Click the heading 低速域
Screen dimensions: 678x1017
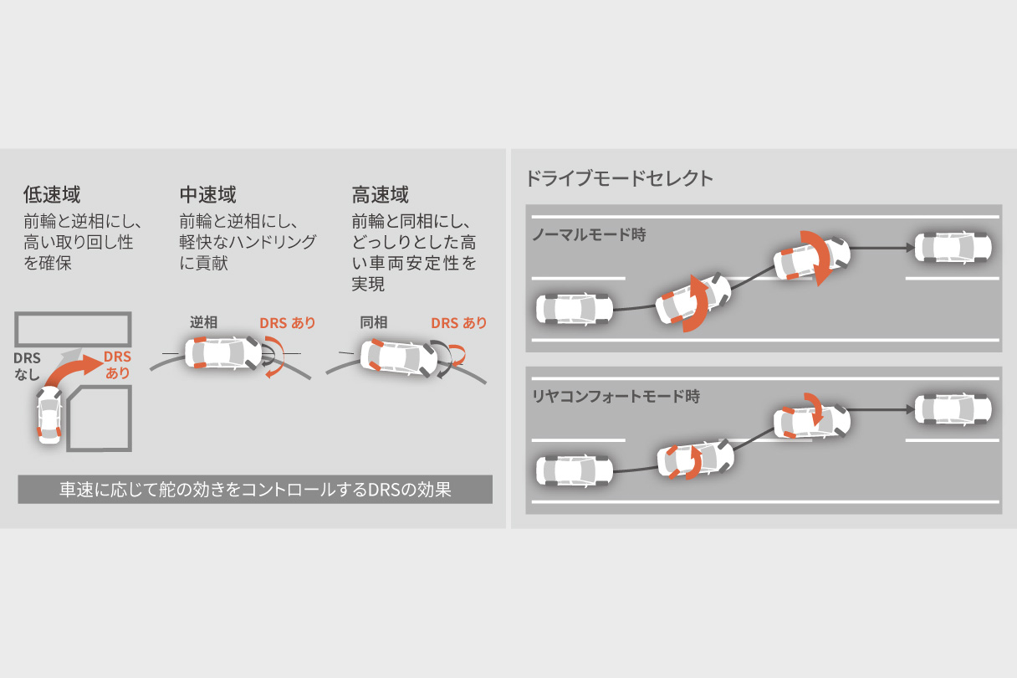pyautogui.click(x=52, y=196)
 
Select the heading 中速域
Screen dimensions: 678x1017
pyautogui.click(x=207, y=196)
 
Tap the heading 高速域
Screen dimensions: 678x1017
pyautogui.click(x=381, y=196)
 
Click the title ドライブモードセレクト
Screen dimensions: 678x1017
pyautogui.click(x=619, y=178)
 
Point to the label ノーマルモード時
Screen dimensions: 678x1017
pyautogui.click(x=589, y=235)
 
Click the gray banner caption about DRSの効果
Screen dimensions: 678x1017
pyautogui.click(x=255, y=490)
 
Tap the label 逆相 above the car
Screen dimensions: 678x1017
pyautogui.click(x=203, y=322)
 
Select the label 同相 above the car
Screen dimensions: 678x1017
pyautogui.click(x=374, y=322)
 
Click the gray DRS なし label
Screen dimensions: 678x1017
pyautogui.click(x=27, y=366)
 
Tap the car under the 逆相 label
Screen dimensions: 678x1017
pyautogui.click(x=227, y=352)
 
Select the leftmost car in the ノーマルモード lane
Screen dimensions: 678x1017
pyautogui.click(x=574, y=309)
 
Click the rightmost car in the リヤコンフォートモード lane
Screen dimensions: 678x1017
pyautogui.click(x=953, y=409)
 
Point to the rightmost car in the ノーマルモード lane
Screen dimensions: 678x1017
pyautogui.click(x=953, y=247)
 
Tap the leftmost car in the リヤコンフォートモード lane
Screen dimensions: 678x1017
pyautogui.click(x=574, y=470)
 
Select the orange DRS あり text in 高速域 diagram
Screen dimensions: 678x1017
pyautogui.click(x=458, y=323)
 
